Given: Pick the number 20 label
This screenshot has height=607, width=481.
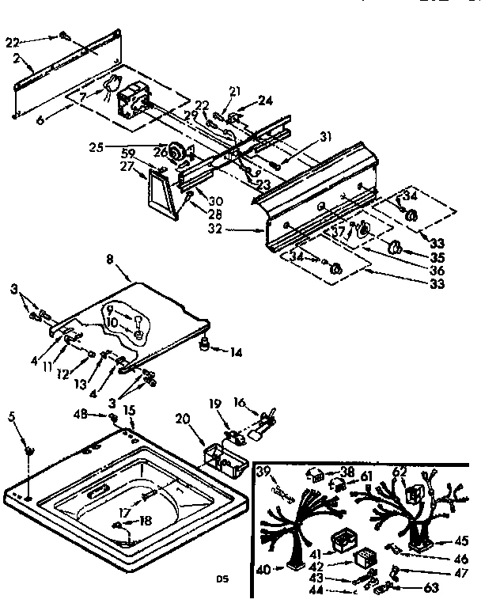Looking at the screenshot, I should (x=184, y=420).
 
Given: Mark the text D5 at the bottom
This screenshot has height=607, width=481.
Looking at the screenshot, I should (x=223, y=579).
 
